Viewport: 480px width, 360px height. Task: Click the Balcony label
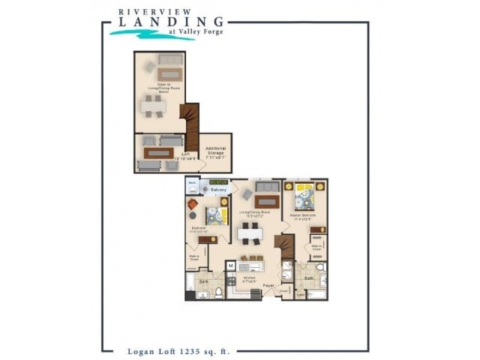coord(218,190)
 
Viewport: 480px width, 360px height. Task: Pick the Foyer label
coord(268,286)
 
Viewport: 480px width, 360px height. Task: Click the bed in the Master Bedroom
coord(305,197)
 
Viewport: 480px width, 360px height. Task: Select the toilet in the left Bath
coord(219,292)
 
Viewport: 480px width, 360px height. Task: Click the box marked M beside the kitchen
coord(231,265)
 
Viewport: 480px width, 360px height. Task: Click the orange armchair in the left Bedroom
coord(193,204)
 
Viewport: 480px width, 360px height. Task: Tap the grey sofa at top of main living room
coord(268,186)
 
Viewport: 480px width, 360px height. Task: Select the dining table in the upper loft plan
coord(154,106)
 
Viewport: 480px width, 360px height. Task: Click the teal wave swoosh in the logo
coord(150,33)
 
